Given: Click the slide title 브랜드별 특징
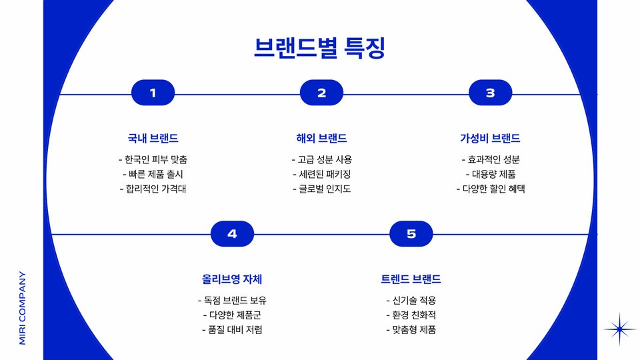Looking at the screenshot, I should [x=319, y=49].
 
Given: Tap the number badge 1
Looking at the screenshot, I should [x=153, y=93].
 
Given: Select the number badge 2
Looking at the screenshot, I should [x=321, y=93].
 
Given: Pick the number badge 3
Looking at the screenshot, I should [x=490, y=93].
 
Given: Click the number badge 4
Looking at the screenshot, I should [x=232, y=234].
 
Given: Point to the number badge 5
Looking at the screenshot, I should [x=411, y=234].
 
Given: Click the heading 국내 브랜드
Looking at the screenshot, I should [x=153, y=139].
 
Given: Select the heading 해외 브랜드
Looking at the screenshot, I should [x=321, y=139].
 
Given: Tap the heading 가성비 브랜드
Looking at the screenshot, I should [x=490, y=139].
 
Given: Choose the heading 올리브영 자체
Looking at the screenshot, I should [x=232, y=279].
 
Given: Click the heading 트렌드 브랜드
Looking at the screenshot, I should [x=411, y=279].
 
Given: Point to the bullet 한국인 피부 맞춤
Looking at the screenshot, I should [x=153, y=160].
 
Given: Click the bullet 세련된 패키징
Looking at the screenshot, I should [x=321, y=175].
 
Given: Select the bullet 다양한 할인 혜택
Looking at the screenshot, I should [x=490, y=189].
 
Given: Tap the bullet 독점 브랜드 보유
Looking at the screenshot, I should [x=232, y=301].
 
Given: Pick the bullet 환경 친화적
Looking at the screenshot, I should [x=411, y=315].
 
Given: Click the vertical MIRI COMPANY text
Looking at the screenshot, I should [x=23, y=307].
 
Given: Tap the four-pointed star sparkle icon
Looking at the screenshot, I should [x=620, y=329].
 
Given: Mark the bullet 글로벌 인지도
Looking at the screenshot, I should [x=321, y=189].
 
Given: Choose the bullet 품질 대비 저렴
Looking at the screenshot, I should [x=232, y=330].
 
